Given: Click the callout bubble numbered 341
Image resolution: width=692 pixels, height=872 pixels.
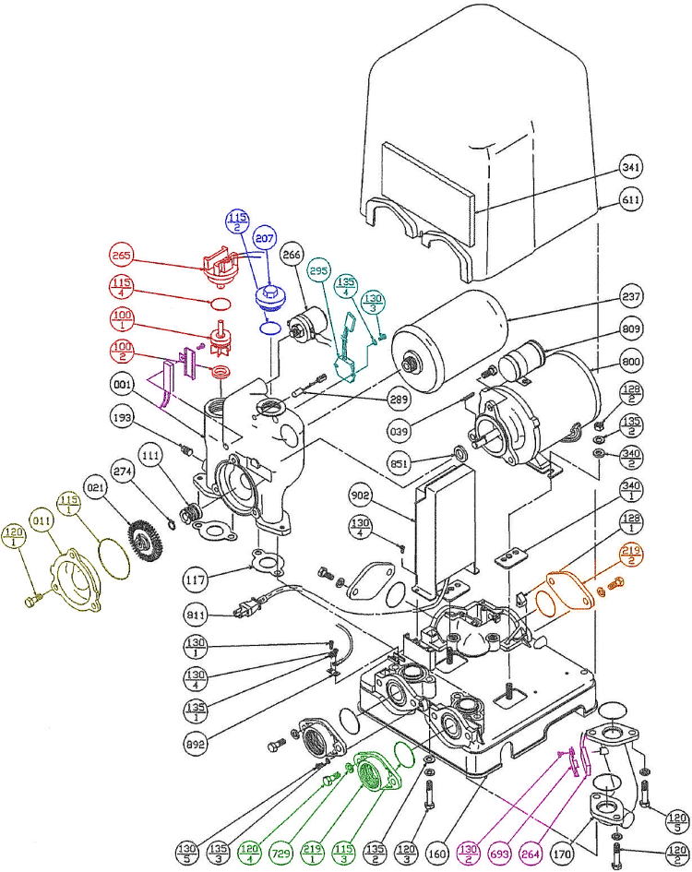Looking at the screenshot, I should tap(631, 168).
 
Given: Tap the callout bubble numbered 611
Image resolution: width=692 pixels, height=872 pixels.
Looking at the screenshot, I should tap(631, 199).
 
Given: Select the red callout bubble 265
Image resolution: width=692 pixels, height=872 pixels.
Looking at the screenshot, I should tap(121, 256).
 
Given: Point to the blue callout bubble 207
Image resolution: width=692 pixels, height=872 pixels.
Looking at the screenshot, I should tap(267, 238).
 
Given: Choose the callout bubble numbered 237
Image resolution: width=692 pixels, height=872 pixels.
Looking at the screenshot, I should tap(631, 296).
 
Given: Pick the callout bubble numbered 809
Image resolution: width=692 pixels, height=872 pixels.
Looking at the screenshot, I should tap(631, 328).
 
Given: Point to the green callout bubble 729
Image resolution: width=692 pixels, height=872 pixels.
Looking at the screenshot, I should tap(283, 850).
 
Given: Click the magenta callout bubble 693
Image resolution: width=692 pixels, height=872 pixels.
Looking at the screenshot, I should tap(503, 850).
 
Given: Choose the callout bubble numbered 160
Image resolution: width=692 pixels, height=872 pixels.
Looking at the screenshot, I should tap(439, 850).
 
